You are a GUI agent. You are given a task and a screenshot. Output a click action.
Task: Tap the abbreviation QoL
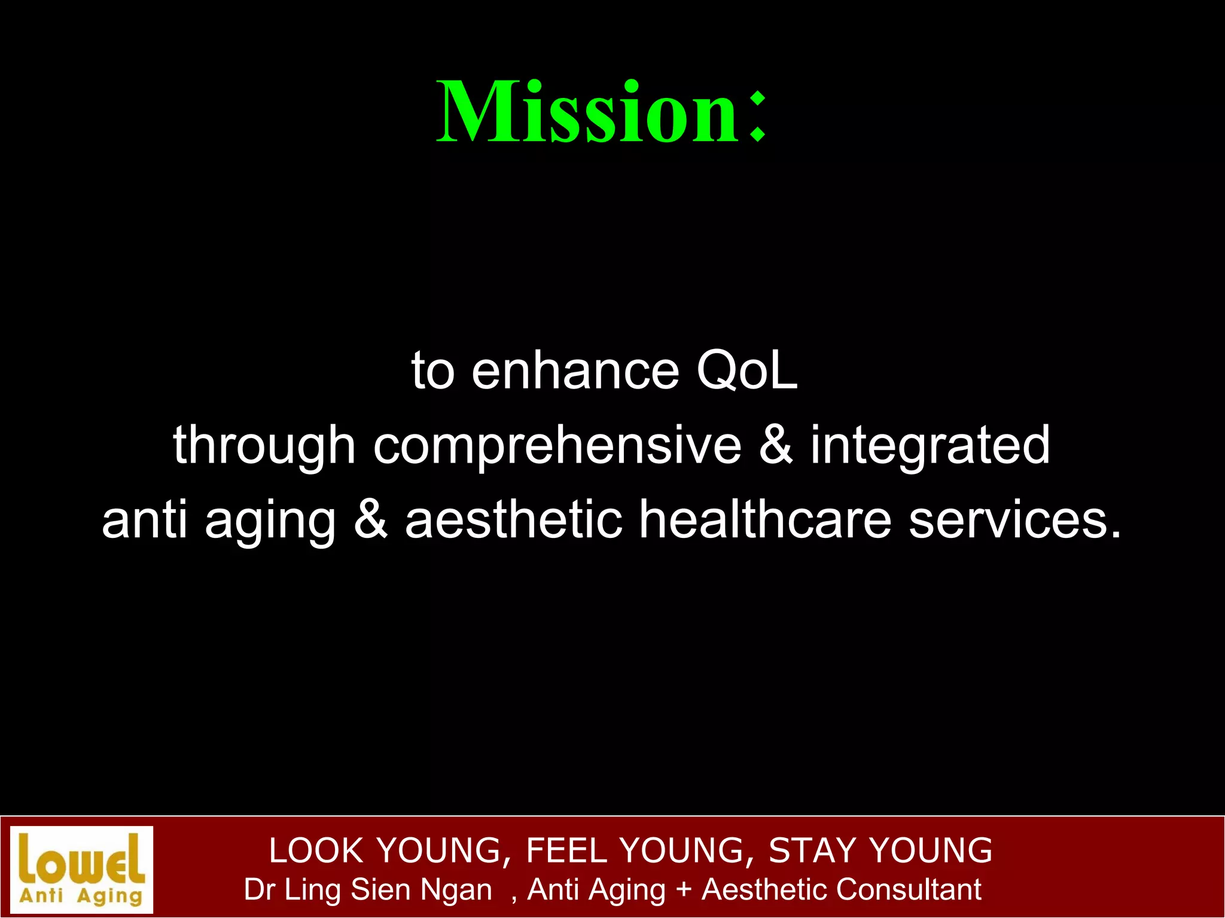[x=746, y=371]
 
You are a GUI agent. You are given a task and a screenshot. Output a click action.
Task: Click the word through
[x=264, y=446]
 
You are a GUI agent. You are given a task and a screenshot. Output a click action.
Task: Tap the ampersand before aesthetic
[x=371, y=519]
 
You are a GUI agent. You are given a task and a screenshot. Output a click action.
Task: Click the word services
[x=1014, y=519]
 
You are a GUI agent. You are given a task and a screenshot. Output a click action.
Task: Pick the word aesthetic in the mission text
[x=513, y=519]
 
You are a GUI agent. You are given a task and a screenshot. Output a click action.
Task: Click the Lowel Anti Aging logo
[x=82, y=869]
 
